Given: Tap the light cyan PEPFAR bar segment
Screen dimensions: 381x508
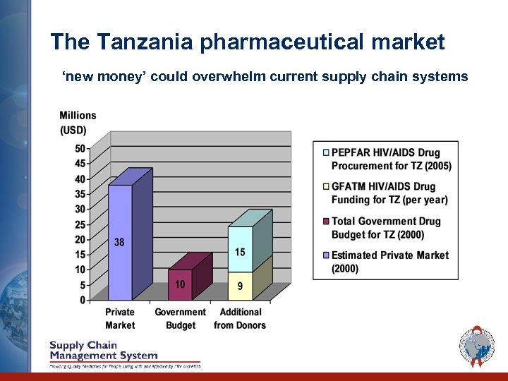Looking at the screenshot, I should tap(240, 248).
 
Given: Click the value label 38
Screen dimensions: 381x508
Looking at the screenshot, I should tap(119, 242).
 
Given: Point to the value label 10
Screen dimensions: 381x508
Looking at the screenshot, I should tap(180, 284).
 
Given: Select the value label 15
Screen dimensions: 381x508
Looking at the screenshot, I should tap(240, 253).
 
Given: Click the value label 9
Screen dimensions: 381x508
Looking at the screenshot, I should tap(240, 286).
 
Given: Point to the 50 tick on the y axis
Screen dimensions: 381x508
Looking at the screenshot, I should tap(80, 149).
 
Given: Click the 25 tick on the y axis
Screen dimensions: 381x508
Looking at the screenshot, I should tap(80, 224).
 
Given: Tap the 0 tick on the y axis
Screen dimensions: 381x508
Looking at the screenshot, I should tap(83, 300).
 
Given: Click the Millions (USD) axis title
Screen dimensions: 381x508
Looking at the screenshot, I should tap(78, 123).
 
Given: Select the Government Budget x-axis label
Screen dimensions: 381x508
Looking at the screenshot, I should tap(181, 318).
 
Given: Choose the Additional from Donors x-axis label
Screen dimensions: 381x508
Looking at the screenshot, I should tap(240, 318).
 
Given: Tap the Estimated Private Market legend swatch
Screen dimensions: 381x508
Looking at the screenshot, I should tap(325, 255).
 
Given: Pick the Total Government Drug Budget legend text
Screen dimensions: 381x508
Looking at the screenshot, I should tap(386, 228).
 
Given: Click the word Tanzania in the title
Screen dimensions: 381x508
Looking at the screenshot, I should tap(146, 42).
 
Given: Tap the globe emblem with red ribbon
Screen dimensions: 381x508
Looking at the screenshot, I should tap(477, 347).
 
